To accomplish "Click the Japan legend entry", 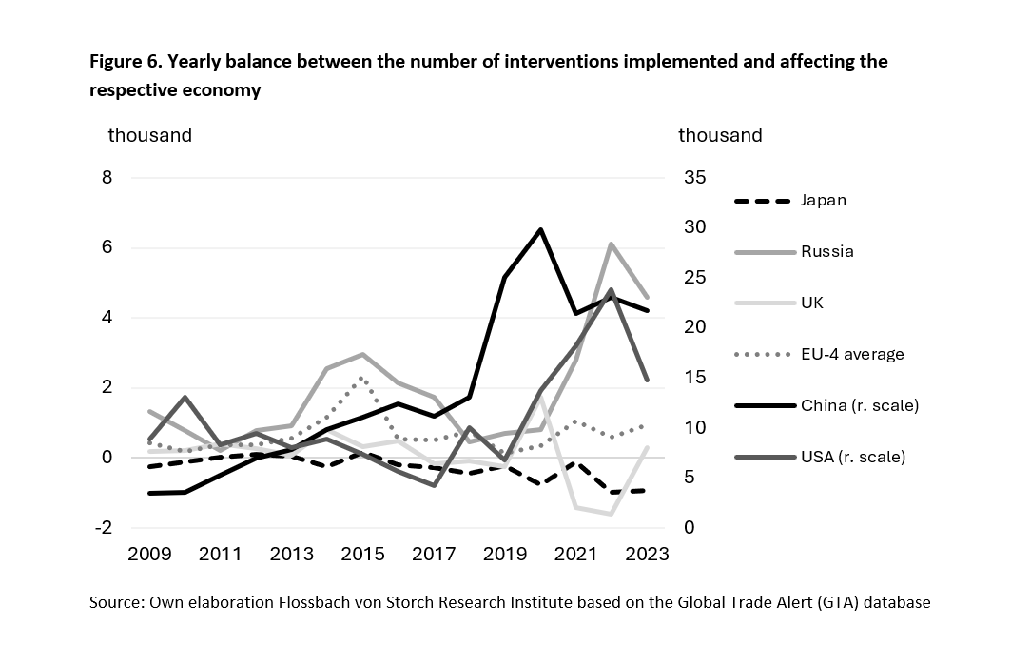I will (x=823, y=201).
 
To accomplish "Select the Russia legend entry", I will (x=826, y=252).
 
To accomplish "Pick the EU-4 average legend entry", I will (x=851, y=354).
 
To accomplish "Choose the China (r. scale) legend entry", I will (x=859, y=405).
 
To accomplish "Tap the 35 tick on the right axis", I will (x=694, y=178).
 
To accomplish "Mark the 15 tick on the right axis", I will (x=694, y=378).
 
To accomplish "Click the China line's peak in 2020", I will (x=541, y=229).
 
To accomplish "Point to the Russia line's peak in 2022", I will (x=610, y=244).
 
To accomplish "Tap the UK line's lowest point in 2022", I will (x=610, y=514).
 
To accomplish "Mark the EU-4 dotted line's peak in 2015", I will (x=361, y=378).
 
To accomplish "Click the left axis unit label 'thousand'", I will (x=149, y=135).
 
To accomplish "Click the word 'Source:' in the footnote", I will (x=116, y=603).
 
